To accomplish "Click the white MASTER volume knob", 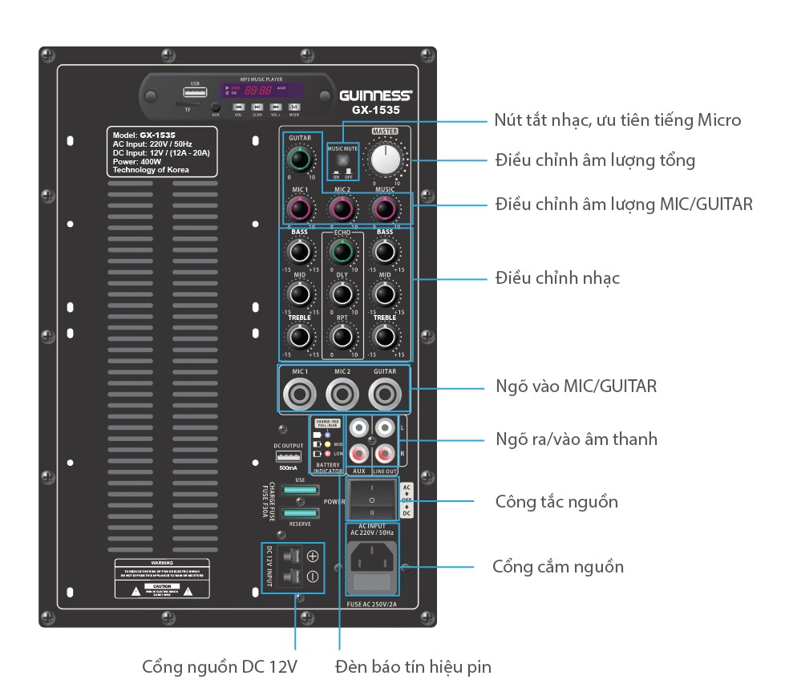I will pos(386,159).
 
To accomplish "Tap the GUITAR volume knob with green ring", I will pos(300,158).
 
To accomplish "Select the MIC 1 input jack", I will pos(300,394).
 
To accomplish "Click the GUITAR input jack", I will pos(386,394).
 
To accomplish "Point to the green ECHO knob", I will pos(342,253).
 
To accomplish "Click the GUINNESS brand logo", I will pos(376,94).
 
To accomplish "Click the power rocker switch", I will pos(371,500).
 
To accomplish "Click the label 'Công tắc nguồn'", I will pos(557,503).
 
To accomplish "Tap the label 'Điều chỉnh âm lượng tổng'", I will pos(595,160).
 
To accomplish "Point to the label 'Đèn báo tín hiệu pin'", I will pos(414,666).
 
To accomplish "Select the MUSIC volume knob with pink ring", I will pos(386,209).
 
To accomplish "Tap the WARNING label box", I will pos(161,578).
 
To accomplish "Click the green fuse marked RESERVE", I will pos(300,512).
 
